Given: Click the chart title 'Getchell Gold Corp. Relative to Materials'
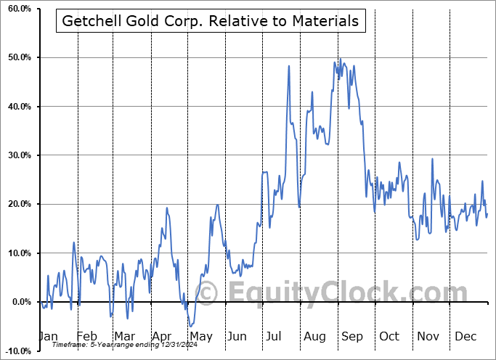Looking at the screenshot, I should tap(211, 22).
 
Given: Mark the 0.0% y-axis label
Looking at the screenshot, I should tap(19, 302).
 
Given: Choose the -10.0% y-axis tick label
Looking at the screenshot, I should tap(16, 351).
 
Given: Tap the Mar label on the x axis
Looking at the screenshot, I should tap(124, 336).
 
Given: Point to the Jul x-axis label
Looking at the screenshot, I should tap(275, 336).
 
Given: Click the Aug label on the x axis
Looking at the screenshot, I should tap(314, 336).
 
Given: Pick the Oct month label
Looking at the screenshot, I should tap(389, 336).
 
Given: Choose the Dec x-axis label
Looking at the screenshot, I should tap(465, 336).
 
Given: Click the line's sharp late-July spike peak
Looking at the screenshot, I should tap(289, 66).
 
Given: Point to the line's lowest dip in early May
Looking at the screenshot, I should tap(190, 326).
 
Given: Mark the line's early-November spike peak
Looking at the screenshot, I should tap(432, 159).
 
